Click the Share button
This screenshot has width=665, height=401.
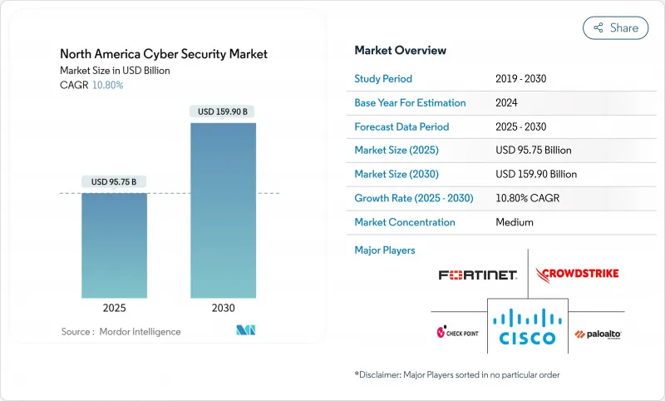click(615, 27)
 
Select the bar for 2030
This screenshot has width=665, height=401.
click(223, 216)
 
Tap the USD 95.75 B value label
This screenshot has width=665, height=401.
click(114, 182)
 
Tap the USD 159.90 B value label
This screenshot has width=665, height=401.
click(223, 111)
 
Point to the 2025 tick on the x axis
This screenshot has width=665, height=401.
click(114, 307)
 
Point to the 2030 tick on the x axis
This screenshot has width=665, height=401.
click(223, 307)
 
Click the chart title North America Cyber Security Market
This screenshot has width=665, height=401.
click(164, 54)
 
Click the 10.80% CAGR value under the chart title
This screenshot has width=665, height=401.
click(106, 85)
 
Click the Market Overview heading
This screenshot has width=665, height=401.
click(400, 51)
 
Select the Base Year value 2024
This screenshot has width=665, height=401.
click(507, 103)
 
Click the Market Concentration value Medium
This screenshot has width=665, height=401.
click(514, 222)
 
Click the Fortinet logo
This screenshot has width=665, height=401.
click(478, 275)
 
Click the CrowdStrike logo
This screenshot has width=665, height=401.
click(578, 274)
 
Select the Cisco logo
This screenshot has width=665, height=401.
click(528, 326)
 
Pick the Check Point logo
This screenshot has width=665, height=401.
click(458, 333)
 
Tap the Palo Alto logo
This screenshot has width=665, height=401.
click(597, 334)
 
